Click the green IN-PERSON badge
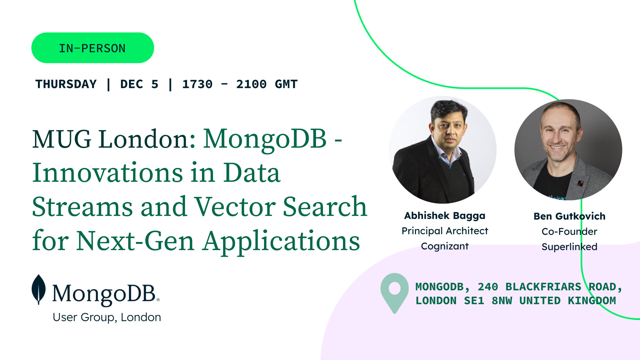click(x=93, y=48)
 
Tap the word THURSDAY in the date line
click(x=66, y=84)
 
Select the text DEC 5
click(x=139, y=84)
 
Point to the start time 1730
click(x=197, y=84)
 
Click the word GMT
click(x=286, y=84)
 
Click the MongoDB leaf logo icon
click(x=39, y=289)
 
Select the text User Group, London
click(x=107, y=317)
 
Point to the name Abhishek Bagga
click(x=445, y=216)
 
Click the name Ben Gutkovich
click(x=569, y=216)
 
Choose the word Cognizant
click(x=445, y=246)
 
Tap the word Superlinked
click(x=569, y=247)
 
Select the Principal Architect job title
click(x=445, y=231)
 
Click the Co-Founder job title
click(x=569, y=232)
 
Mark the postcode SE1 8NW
click(x=488, y=301)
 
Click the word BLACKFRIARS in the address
click(x=543, y=287)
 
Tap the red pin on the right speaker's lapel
click(x=580, y=183)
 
